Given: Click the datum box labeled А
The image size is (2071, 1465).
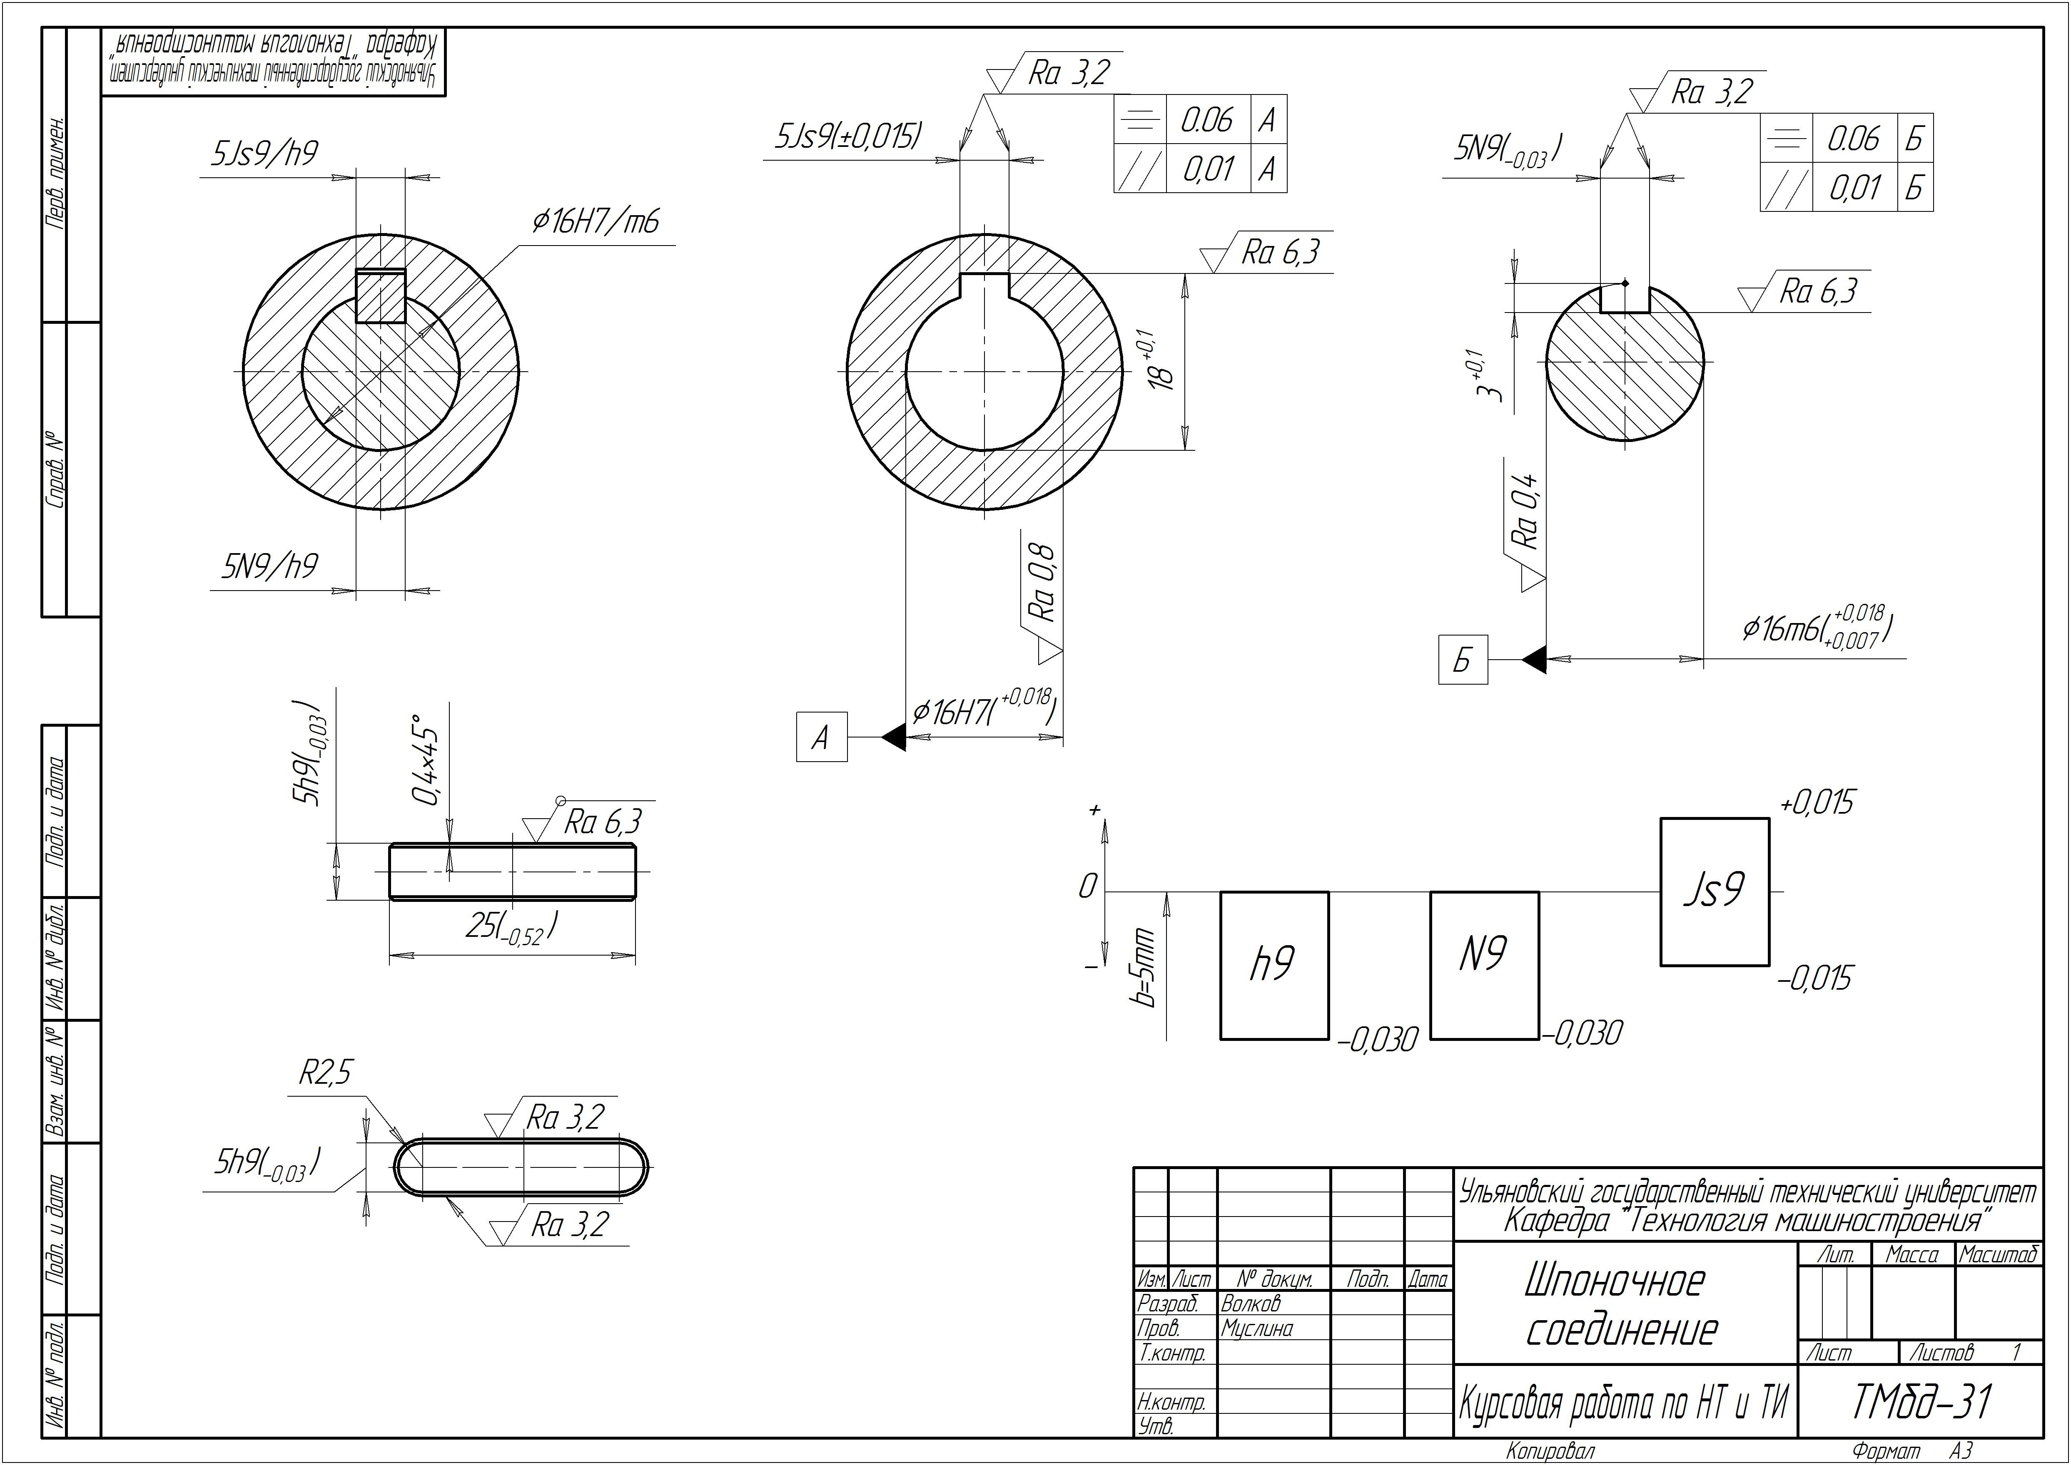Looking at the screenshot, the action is pos(821,737).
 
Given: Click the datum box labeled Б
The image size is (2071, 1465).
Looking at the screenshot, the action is pos(1463,659).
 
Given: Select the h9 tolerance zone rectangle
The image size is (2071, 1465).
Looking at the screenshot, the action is pos(1274,965).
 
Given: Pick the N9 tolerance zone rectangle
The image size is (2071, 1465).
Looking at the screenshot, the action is pos(1485,965).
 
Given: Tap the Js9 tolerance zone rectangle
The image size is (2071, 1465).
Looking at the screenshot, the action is pos(1715,891).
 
